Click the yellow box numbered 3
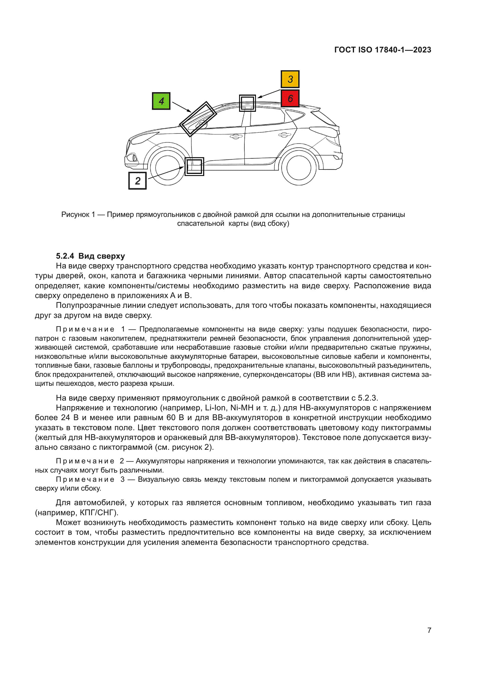(x=290, y=79)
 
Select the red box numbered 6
(x=290, y=98)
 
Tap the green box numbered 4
(x=161, y=101)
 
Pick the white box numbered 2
(x=137, y=180)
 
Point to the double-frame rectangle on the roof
(x=247, y=103)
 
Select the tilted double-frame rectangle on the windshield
(x=198, y=119)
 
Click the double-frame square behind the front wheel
(x=194, y=166)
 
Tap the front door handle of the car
(x=236, y=137)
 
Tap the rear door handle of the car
(x=284, y=135)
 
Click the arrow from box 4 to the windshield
(x=181, y=107)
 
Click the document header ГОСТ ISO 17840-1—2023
(x=382, y=50)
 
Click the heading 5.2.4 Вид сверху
(x=90, y=256)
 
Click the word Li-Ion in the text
(x=215, y=408)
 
